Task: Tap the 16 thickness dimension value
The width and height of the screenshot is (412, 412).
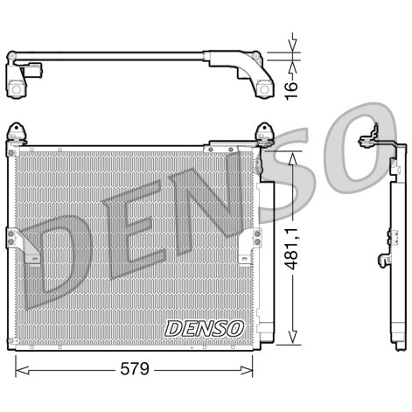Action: coord(295,86)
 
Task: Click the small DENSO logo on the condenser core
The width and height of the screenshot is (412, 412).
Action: coord(203,328)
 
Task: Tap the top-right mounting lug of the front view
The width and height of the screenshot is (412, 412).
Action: coord(263,133)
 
